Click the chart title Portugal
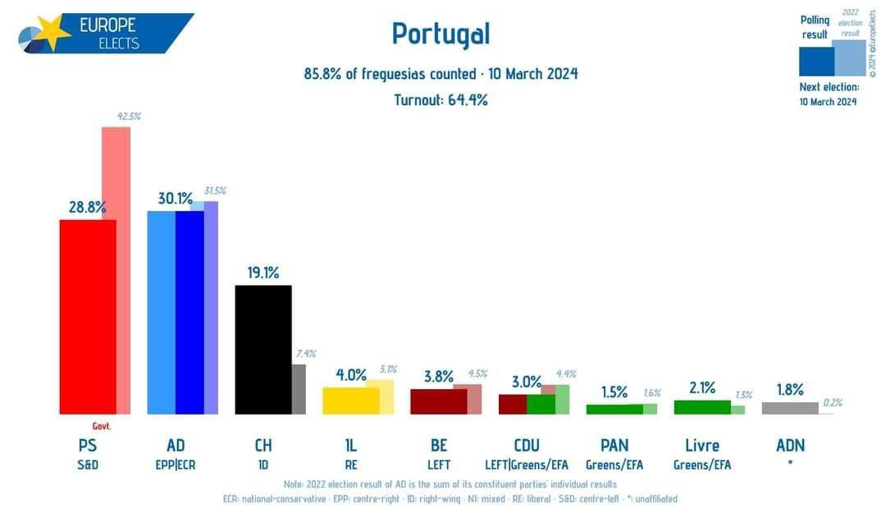point(441,34)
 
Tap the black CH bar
point(263,350)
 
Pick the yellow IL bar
point(351,401)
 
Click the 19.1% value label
point(263,273)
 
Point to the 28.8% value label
point(87,208)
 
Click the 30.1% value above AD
point(175,199)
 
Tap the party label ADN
point(790,446)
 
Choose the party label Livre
point(702,446)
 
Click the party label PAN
point(614,446)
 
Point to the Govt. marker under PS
point(101,426)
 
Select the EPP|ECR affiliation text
point(176,465)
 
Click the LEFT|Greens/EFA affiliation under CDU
point(527,465)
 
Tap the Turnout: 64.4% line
point(441,100)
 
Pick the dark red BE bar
point(439,401)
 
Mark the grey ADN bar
point(790,408)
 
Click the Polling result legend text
point(815,27)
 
